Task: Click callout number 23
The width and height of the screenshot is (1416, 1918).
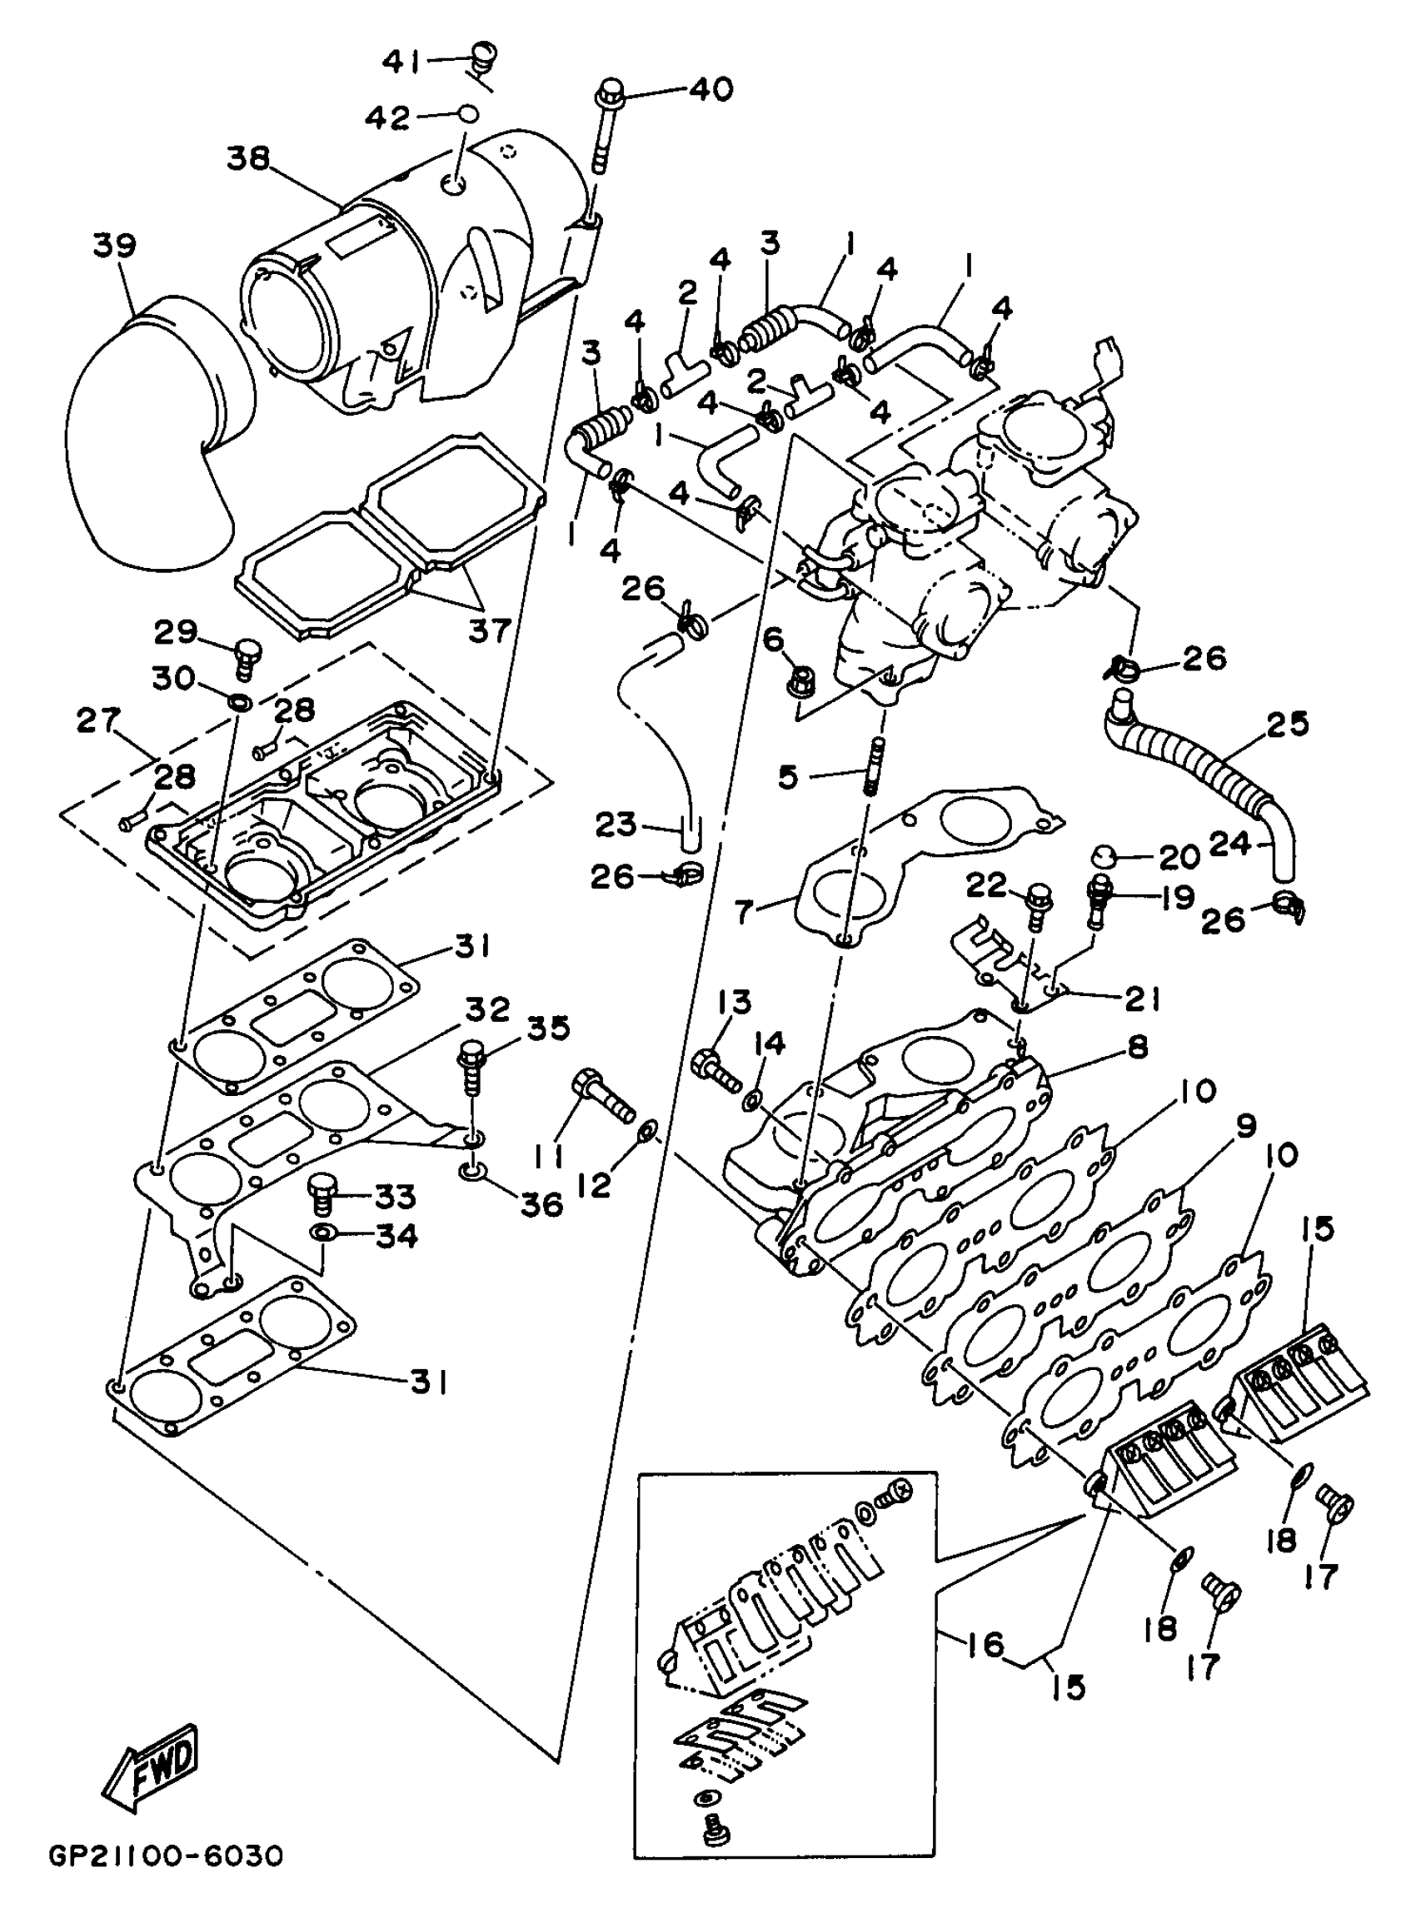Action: (x=617, y=825)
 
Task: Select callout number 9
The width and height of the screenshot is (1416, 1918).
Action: (x=1244, y=1125)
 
